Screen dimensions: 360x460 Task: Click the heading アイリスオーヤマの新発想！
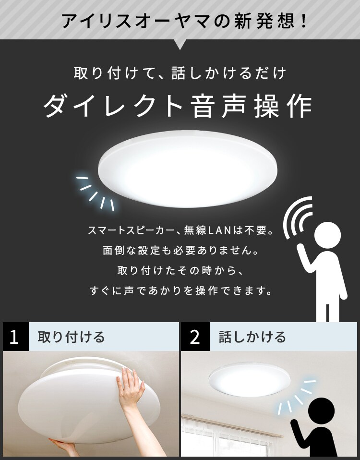(x=184, y=21)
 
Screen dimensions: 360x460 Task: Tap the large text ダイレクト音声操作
(x=178, y=106)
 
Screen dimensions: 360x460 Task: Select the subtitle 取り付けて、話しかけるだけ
(x=180, y=73)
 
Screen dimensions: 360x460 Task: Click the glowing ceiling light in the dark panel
(x=188, y=169)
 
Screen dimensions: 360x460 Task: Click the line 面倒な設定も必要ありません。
(x=180, y=250)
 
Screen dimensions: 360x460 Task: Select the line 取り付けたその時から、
(x=180, y=270)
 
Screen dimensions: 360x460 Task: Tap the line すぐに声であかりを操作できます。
(x=180, y=291)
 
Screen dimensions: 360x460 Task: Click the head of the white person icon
(x=327, y=235)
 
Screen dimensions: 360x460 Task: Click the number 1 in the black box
(x=14, y=337)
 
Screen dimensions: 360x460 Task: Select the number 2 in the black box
(x=195, y=337)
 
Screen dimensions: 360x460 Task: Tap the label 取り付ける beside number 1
(x=71, y=337)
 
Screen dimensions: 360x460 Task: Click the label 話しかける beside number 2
(x=252, y=337)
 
